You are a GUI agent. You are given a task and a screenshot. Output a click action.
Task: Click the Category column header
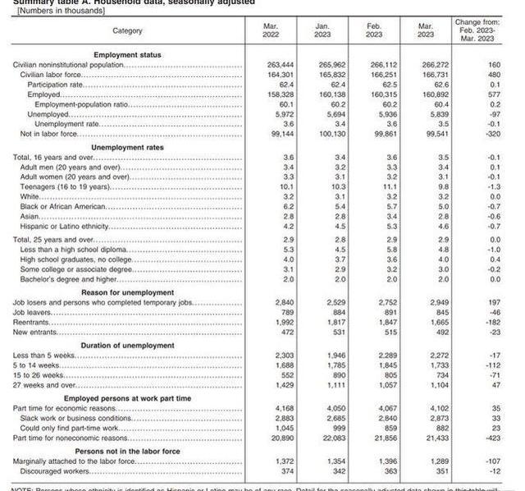coord(127,31)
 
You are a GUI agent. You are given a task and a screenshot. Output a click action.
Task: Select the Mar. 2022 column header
coord(271,31)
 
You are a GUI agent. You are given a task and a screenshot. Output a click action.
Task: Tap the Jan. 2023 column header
coord(322,31)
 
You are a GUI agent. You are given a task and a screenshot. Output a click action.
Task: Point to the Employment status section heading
coord(127,54)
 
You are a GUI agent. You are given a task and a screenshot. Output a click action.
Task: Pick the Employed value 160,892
coord(425,94)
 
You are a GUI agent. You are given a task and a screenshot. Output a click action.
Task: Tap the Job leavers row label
coord(34,312)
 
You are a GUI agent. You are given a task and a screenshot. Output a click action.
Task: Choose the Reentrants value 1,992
coord(271,322)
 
